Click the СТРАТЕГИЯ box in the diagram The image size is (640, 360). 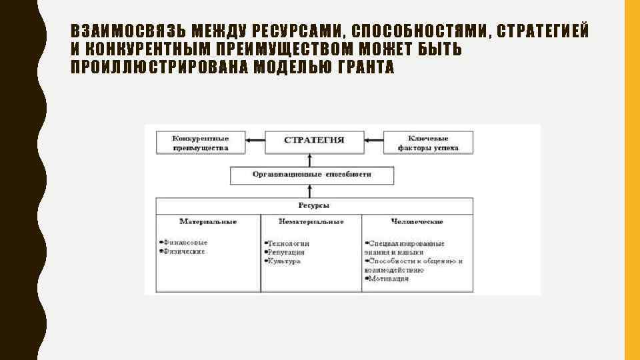[x=314, y=140]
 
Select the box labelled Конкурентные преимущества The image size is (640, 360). [x=201, y=143]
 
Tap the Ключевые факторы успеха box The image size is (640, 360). [x=428, y=143]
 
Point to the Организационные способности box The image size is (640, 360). [x=312, y=175]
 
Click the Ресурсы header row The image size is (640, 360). [x=314, y=205]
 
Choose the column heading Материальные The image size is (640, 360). [x=208, y=221]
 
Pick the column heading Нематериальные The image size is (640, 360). [x=311, y=221]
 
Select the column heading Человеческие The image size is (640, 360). [x=417, y=221]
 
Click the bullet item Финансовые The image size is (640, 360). [x=185, y=243]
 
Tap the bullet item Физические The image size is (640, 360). [x=184, y=251]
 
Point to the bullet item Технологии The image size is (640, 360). [x=288, y=243]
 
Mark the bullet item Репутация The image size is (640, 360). [x=286, y=252]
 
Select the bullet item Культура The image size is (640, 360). [x=283, y=261]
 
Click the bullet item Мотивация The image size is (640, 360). [x=388, y=279]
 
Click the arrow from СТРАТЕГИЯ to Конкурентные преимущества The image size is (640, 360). [x=255, y=140]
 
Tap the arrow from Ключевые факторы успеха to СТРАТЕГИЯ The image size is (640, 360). [x=373, y=140]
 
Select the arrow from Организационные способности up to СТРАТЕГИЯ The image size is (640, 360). [x=309, y=159]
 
